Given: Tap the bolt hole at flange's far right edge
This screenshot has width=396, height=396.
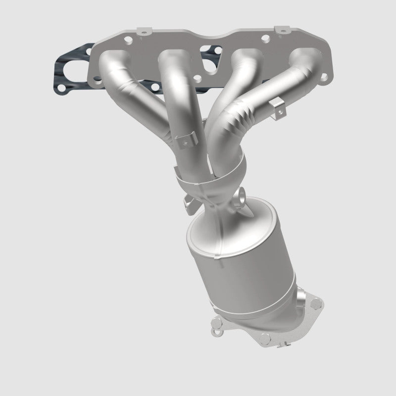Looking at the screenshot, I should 325,76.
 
